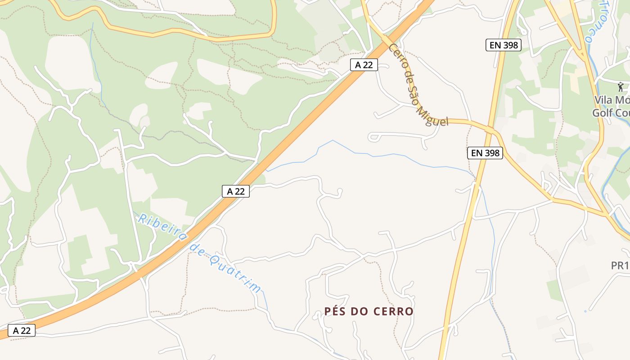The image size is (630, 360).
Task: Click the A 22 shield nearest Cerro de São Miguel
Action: tap(364, 65)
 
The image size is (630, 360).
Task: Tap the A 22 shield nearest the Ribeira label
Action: tap(236, 191)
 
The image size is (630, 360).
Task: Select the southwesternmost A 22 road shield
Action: tap(22, 331)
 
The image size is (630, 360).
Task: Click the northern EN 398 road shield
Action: tap(504, 45)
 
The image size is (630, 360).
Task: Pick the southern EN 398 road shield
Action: tap(485, 153)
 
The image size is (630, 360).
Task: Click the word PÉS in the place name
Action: tap(336, 311)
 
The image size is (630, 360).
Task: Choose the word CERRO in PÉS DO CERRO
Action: tap(392, 311)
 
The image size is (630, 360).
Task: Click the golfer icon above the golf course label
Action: tap(621, 86)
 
